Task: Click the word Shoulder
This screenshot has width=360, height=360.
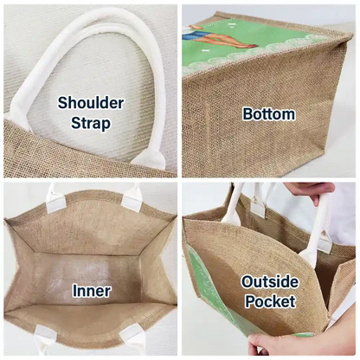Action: [x=91, y=103]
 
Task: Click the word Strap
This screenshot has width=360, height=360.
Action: [x=91, y=123]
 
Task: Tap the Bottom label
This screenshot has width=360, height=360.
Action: [x=268, y=114]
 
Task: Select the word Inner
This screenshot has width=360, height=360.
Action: [x=92, y=291]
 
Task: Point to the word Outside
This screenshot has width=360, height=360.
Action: [x=270, y=282]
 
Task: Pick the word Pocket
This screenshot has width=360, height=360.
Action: [x=270, y=301]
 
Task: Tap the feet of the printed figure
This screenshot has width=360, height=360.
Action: [x=248, y=45]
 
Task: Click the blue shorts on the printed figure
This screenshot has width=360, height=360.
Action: [x=196, y=35]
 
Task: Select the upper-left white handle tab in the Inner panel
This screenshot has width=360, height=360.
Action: [x=56, y=200]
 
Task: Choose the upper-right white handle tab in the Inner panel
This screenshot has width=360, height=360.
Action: [x=132, y=198]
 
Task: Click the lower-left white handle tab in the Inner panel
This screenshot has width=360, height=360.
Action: [x=45, y=340]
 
